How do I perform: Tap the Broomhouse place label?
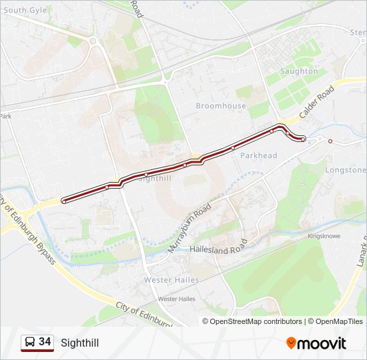(221, 106)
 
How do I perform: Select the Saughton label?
(299, 71)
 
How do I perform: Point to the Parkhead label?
(258, 155)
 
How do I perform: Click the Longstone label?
(345, 170)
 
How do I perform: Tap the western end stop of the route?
(63, 200)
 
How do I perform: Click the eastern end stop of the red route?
(304, 139)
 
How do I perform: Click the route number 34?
(45, 342)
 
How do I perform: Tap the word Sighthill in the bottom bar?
(79, 343)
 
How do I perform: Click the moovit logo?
(316, 343)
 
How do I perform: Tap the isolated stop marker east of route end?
(330, 141)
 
